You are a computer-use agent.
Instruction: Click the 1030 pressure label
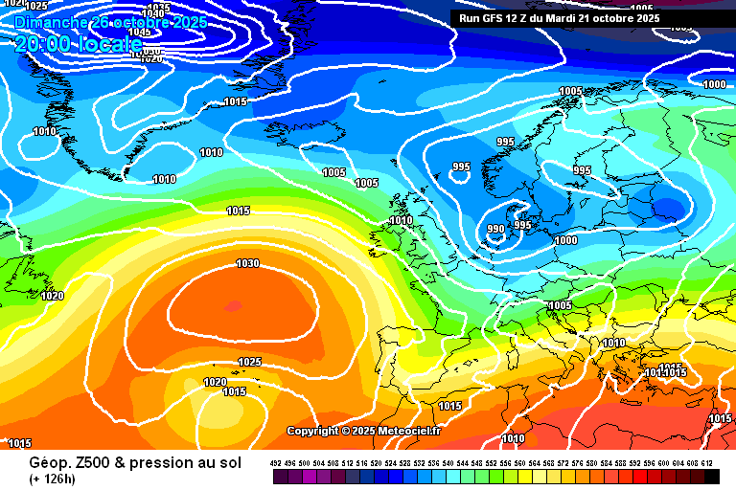[247, 263]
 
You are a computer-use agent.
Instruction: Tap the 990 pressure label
[495, 230]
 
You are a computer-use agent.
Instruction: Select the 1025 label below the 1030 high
[250, 362]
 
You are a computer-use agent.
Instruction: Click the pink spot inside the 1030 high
[232, 306]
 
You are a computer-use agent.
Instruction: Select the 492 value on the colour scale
[276, 463]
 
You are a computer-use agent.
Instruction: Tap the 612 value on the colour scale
[707, 463]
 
